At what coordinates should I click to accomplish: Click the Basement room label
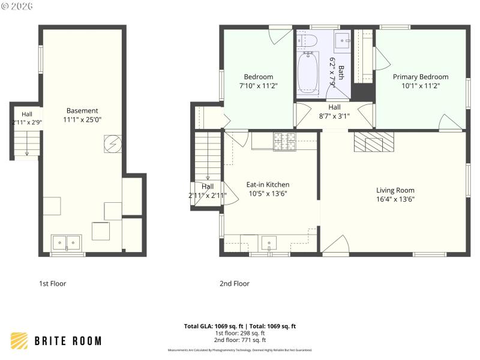pyautogui.click(x=82, y=110)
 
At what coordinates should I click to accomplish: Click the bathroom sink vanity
pyautogui.click(x=341, y=42)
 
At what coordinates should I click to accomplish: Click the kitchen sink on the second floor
pyautogui.click(x=269, y=243)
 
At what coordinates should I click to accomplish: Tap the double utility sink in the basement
pyautogui.click(x=66, y=242)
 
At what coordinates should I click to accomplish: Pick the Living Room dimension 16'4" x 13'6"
pyautogui.click(x=395, y=199)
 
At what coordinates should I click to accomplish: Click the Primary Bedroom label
pyautogui.click(x=421, y=77)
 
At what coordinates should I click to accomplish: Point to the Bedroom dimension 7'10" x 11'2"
pyautogui.click(x=258, y=86)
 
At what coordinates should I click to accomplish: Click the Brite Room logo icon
pyautogui.click(x=20, y=341)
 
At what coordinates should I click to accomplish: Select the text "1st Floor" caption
pyautogui.click(x=52, y=284)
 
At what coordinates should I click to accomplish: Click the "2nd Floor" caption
pyautogui.click(x=235, y=284)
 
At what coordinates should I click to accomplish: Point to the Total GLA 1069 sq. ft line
pyautogui.click(x=240, y=326)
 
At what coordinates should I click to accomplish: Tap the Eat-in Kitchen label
pyautogui.click(x=268, y=185)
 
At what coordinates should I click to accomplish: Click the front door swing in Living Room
pyautogui.click(x=336, y=243)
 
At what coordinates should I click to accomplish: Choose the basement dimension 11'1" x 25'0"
pyautogui.click(x=82, y=119)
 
